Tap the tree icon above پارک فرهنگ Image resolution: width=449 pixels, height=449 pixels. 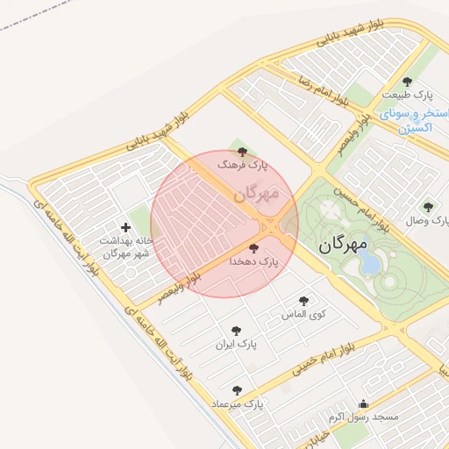(x=243, y=152)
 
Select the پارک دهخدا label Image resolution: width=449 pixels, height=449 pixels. (x=253, y=261)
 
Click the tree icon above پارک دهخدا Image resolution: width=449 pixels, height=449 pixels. (x=254, y=249)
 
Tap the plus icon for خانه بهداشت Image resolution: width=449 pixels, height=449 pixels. (x=125, y=227)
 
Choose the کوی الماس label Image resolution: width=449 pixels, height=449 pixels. (x=303, y=313)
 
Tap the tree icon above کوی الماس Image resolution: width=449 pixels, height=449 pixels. (x=304, y=300)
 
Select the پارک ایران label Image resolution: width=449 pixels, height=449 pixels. (x=239, y=345)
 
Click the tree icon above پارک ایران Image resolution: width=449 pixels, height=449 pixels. (x=223, y=332)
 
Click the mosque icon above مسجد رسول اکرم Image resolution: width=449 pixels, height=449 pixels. (x=363, y=404)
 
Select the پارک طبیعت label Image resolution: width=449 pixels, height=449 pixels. (x=407, y=94)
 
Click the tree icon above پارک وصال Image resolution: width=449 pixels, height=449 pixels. (x=428, y=208)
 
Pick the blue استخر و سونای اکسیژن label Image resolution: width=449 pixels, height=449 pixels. (x=406, y=121)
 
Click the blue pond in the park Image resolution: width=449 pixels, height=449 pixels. (x=372, y=263)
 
